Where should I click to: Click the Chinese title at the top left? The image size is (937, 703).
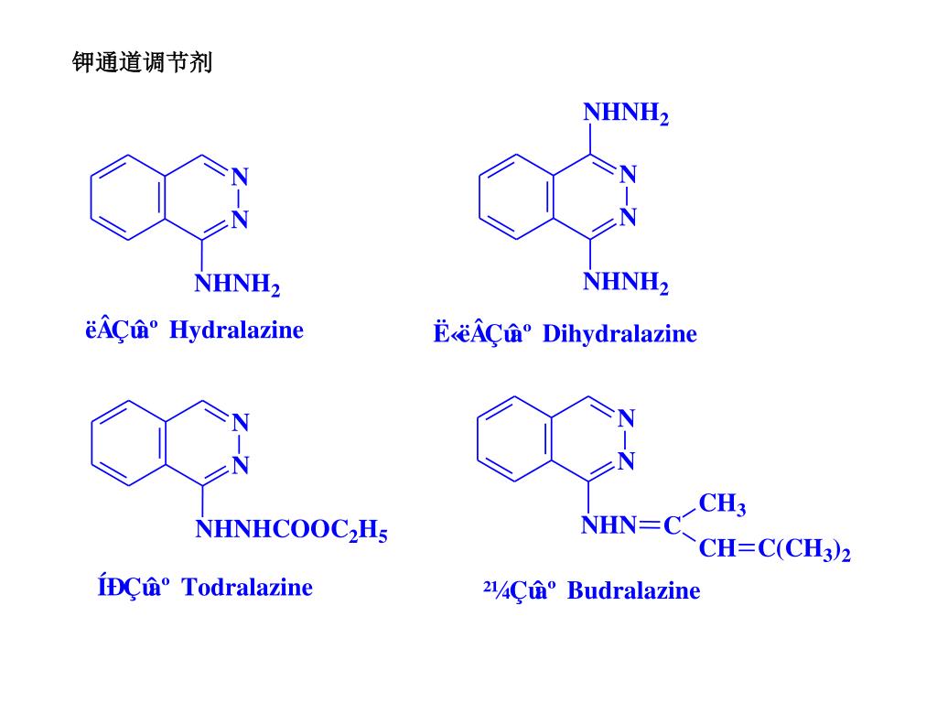click(x=142, y=63)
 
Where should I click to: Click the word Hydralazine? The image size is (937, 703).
click(x=236, y=330)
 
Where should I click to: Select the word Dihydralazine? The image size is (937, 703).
click(x=619, y=334)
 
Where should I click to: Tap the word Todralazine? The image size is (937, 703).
click(x=247, y=587)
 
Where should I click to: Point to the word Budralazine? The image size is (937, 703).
click(x=633, y=590)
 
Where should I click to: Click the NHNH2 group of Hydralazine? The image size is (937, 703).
click(x=237, y=285)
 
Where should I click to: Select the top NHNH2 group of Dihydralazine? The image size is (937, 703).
click(x=626, y=114)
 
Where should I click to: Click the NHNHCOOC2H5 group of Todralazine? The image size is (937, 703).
click(x=291, y=530)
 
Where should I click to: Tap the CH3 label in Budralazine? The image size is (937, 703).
click(x=722, y=504)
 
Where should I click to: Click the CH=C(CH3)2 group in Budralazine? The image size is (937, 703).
click(x=774, y=549)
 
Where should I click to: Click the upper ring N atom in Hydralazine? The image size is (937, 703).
click(x=240, y=177)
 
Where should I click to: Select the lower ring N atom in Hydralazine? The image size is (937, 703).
click(x=240, y=219)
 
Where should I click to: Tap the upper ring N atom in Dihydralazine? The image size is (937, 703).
click(x=628, y=174)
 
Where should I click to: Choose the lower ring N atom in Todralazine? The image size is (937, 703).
click(x=241, y=466)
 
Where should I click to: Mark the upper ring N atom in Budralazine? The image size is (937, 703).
click(x=627, y=418)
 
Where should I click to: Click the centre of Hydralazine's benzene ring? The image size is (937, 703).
click(x=127, y=198)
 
